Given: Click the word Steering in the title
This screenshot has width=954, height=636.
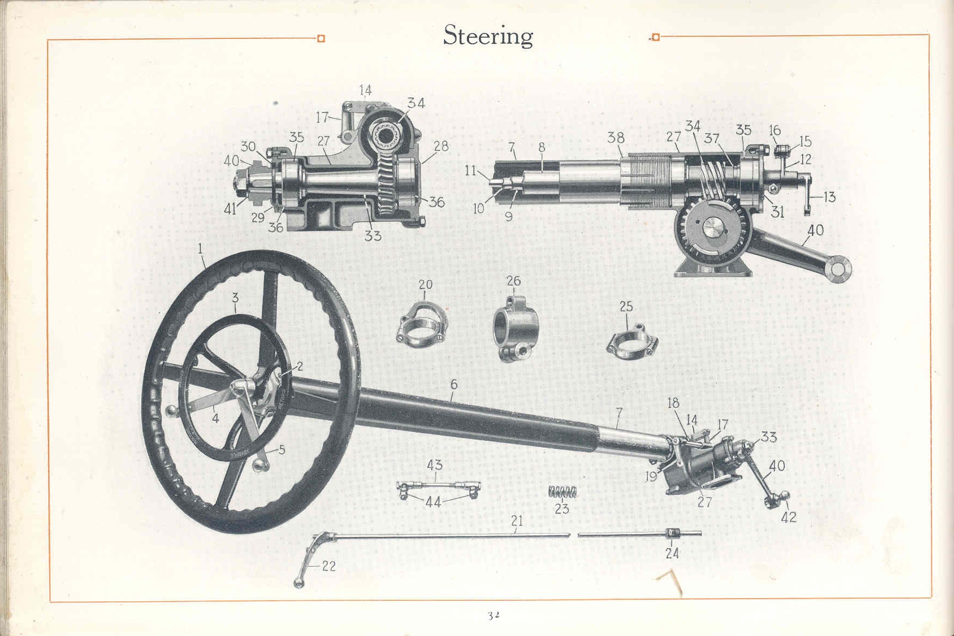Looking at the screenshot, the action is pos(488,36).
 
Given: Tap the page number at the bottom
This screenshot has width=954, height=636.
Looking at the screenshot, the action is pos(493,615).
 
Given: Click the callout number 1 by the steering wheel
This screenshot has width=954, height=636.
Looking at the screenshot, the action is pos(200,249).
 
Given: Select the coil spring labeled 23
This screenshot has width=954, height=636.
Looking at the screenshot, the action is pos(562,492).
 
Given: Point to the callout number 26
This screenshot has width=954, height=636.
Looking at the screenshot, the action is pos(514,281).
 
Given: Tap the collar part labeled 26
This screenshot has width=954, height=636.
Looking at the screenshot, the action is pos(512,327).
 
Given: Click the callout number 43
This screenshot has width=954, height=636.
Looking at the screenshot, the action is pos(435,465).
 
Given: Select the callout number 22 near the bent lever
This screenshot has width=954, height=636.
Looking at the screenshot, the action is pos(329,566).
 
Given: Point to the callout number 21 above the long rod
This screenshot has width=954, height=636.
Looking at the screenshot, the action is pos(517,521).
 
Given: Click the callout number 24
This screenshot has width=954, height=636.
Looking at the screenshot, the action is pos(672,553).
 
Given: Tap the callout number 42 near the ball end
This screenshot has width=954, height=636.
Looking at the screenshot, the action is pos(789,517).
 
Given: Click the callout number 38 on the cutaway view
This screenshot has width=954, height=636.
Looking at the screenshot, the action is pos(616,137).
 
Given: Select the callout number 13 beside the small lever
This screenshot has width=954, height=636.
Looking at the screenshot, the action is pos(829,197).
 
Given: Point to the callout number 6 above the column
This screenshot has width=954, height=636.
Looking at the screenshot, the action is pos(454,384).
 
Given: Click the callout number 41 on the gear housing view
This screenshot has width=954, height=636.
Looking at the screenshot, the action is pos(230,209).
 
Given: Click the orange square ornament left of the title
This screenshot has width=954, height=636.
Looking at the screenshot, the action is pos(321,38).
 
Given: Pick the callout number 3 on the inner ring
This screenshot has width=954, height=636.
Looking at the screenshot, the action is pos(235,297).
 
